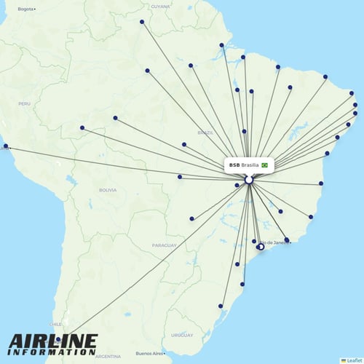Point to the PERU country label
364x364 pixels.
(25, 103)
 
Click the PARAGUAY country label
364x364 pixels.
(164, 246)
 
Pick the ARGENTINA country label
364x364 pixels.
(107, 356)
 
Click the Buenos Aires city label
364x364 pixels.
(149, 353)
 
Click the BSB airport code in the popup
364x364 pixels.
(234, 165)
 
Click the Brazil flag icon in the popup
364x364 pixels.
(265, 165)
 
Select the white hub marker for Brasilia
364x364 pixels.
(249, 179)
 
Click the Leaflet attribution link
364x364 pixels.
(352, 360)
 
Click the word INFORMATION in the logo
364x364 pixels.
(53, 352)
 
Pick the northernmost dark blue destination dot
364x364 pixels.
(142, 22)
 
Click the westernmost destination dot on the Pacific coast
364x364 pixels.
(6, 147)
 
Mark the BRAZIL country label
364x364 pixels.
(205, 132)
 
